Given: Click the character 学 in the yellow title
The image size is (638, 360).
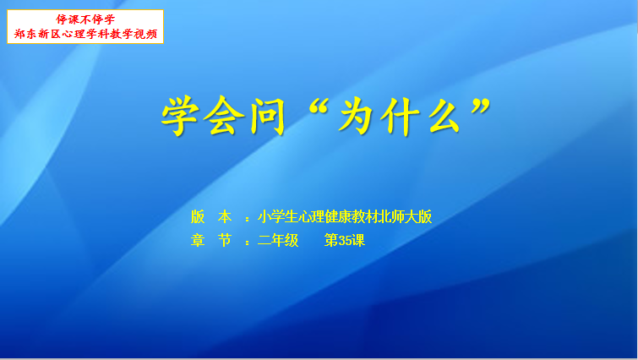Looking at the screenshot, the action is pos(180,116).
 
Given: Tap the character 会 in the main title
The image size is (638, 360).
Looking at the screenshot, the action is pos(224,116).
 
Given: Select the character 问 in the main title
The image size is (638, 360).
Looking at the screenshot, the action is pos(267,116).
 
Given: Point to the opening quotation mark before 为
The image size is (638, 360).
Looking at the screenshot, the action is pos(319,106).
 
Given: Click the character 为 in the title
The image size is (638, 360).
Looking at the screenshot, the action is pos(356,116).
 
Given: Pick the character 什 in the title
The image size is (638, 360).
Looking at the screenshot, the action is pos(400,116).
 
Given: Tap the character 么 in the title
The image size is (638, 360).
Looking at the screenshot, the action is pos(444,116).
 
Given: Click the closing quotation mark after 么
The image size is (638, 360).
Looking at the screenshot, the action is pos(481,106).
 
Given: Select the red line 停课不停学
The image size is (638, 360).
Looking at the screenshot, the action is pos(85,19).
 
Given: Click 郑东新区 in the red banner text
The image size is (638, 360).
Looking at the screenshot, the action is pos(37,34).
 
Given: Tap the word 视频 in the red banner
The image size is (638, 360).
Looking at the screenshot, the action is pos(145,34).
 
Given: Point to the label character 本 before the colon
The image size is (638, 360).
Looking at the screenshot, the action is pos(225,217).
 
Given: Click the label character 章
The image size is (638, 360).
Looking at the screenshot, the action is pos(198,240).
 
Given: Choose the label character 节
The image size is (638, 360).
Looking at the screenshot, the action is pos(225,240).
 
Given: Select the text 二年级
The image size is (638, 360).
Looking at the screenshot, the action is pos(278,240).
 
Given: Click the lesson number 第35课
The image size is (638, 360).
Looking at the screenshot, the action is pos(344,240).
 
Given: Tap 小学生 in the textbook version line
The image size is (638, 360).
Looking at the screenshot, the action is pos(278,217).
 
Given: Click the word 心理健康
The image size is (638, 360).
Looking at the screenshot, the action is pos(324,217).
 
